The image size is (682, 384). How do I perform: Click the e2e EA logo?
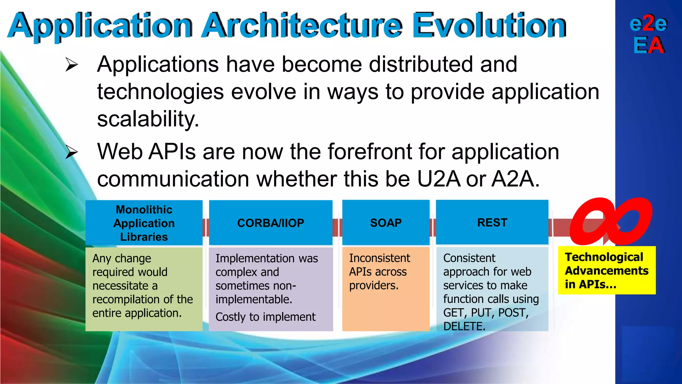coord(648,34)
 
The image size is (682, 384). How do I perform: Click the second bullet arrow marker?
coord(72,152)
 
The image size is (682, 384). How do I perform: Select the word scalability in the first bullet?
coord(148,119)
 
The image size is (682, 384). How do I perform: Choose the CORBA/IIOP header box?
coord(270,223)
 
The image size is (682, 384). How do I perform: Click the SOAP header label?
coord(386,223)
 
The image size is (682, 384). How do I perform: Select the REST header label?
coord(492,222)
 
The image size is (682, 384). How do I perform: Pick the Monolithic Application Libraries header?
coord(144,223)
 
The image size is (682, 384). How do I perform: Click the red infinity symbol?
coord(610,221)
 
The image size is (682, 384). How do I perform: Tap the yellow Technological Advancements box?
coord(606,270)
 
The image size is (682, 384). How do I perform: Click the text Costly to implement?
coord(265,317)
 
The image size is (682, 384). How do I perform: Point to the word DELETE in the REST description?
coord(464,326)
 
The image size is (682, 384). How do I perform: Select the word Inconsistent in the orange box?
coord(379,258)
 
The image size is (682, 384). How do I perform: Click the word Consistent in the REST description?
coord(469,258)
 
